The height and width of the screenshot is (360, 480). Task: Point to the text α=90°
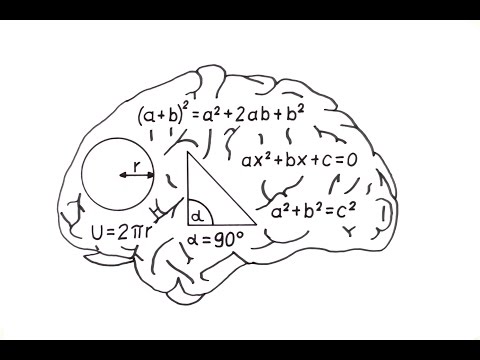coord(214,241)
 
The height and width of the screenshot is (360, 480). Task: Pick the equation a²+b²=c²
coord(315,212)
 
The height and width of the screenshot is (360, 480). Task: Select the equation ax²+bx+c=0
coord(299,158)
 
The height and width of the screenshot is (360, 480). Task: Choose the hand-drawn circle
coord(117,174)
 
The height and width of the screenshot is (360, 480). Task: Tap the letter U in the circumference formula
coord(97,233)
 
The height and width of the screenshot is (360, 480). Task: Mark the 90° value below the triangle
coord(225,241)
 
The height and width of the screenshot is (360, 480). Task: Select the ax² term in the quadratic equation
coord(258,158)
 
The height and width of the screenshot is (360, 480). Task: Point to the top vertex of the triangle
coord(188,153)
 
